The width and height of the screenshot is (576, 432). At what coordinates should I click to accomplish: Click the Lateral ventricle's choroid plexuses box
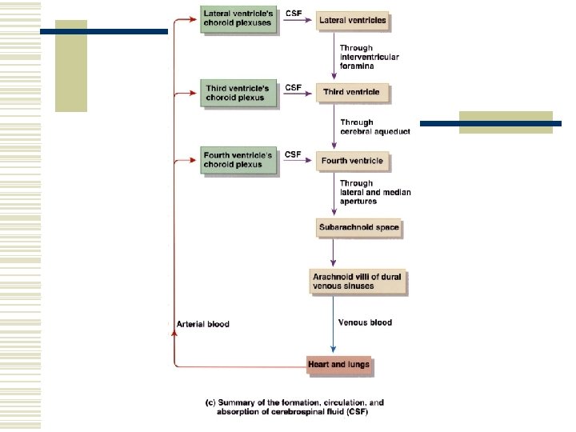click(x=238, y=19)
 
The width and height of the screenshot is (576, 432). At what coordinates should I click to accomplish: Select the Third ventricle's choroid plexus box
click(x=238, y=94)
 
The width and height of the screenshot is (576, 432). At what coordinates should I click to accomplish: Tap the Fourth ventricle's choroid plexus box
click(x=238, y=160)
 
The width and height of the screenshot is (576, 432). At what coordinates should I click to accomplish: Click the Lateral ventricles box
click(x=352, y=20)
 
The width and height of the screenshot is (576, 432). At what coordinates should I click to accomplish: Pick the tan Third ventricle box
click(x=352, y=93)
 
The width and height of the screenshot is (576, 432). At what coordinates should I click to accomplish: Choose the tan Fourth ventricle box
click(x=352, y=161)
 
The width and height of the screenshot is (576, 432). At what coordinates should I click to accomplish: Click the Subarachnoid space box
click(x=358, y=228)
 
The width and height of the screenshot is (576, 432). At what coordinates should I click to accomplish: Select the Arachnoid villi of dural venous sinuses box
click(x=358, y=281)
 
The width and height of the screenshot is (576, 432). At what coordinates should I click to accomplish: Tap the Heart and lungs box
click(x=339, y=365)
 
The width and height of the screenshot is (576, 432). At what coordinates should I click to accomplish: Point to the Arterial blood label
click(x=202, y=324)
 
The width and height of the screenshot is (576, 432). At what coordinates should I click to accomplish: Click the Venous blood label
click(x=365, y=322)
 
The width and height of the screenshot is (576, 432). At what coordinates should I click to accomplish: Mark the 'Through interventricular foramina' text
click(x=369, y=58)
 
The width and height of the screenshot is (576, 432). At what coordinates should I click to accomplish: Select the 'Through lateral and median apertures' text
click(x=370, y=193)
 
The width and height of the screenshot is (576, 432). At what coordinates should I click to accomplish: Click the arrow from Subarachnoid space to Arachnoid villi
click(x=333, y=254)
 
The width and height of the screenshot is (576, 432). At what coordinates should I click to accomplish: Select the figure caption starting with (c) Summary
click(x=286, y=408)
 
